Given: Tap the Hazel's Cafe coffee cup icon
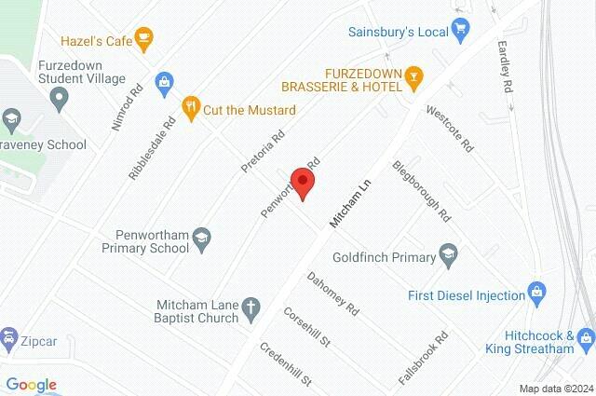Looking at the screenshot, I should pos(143,37).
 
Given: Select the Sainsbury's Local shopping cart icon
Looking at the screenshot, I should pos(459,30).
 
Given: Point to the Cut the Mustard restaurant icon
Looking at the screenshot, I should pos(191,105).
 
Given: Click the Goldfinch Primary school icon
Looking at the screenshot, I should pos(449,255).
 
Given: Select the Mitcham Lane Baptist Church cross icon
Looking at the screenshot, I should pos(250,307).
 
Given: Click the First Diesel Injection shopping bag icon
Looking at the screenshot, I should pos(536,293).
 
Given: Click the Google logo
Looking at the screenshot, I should pos(31,385).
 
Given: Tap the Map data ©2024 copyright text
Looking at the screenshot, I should pos(556,389).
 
